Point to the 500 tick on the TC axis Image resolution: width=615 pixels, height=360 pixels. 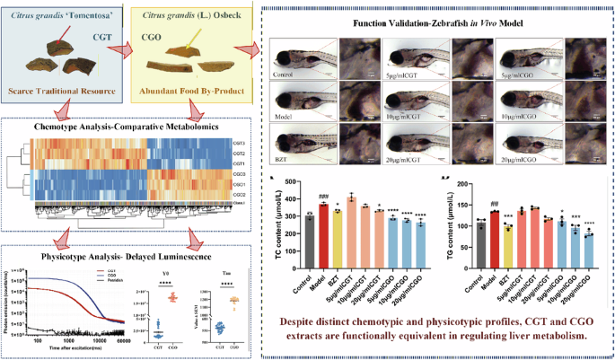(294, 182)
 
